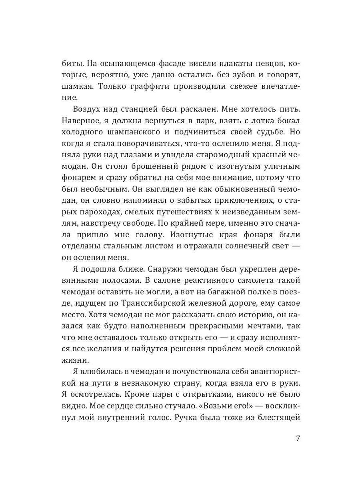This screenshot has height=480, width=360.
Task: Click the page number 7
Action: pos(298,438)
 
